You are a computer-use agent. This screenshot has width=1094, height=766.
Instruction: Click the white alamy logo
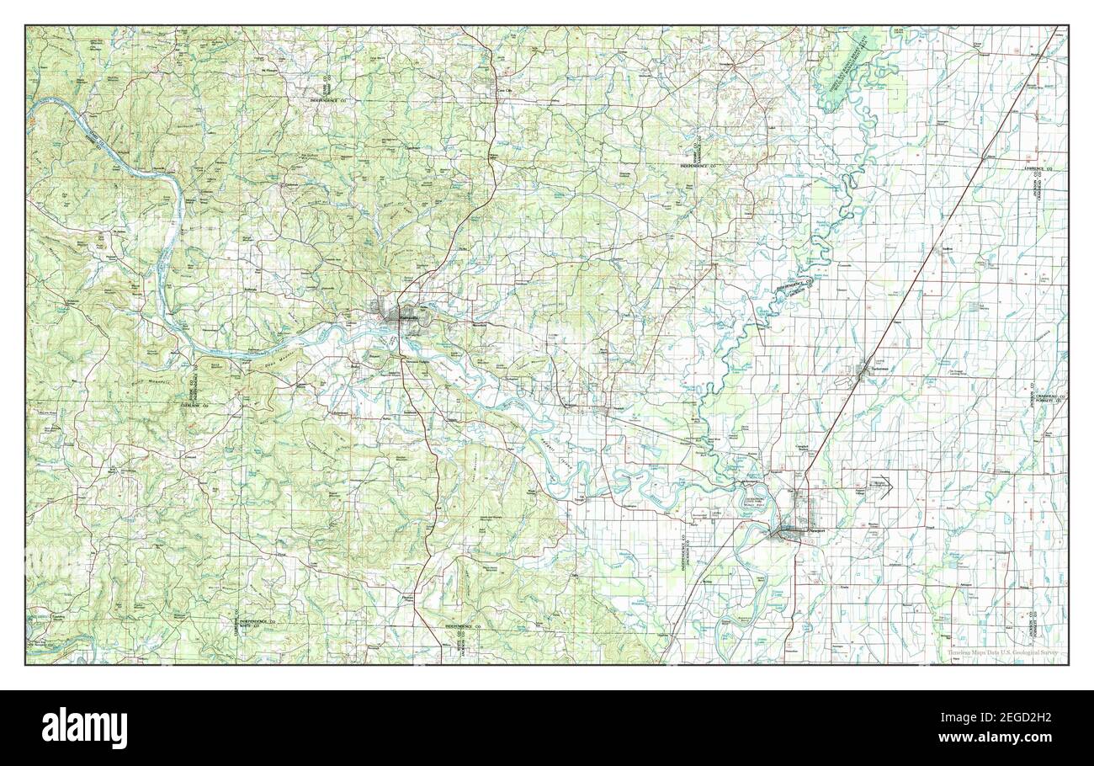tap(85, 727)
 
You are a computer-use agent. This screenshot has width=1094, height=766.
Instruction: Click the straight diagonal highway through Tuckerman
tap(926, 261)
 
